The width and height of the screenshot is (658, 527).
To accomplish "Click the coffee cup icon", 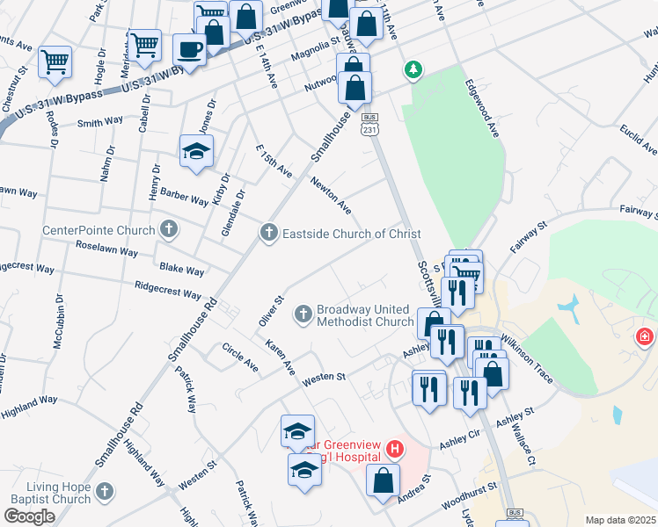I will tap(189, 47).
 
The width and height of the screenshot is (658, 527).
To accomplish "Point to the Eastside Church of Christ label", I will tap(350, 233).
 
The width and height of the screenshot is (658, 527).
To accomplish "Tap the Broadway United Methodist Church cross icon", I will tap(303, 314).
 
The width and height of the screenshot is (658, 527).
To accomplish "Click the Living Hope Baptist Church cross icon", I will tap(105, 489).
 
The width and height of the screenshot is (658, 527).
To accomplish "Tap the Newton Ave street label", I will tap(331, 195).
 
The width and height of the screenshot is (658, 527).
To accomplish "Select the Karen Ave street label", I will tap(281, 357).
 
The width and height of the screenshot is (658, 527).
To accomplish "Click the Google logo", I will tap(29, 516).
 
